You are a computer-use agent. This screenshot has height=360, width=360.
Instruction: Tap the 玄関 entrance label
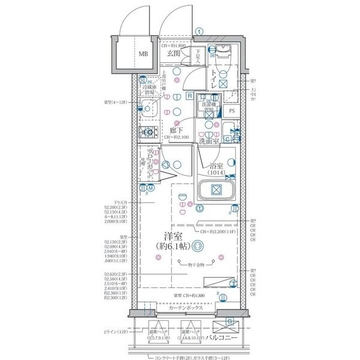(174, 53)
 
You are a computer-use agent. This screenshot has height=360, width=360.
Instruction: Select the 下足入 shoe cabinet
(197, 56)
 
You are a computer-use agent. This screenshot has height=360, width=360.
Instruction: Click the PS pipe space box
(232, 110)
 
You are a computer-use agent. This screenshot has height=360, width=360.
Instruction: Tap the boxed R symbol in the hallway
(189, 96)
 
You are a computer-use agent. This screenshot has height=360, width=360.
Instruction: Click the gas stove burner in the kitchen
(146, 133)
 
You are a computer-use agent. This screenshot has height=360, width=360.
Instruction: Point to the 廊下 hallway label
(176, 130)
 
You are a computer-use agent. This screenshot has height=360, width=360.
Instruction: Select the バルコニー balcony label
(223, 339)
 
